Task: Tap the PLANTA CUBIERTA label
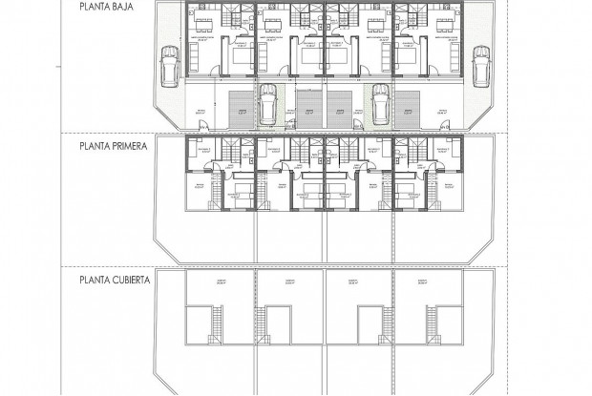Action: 112,281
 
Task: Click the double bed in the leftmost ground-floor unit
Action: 239,59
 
